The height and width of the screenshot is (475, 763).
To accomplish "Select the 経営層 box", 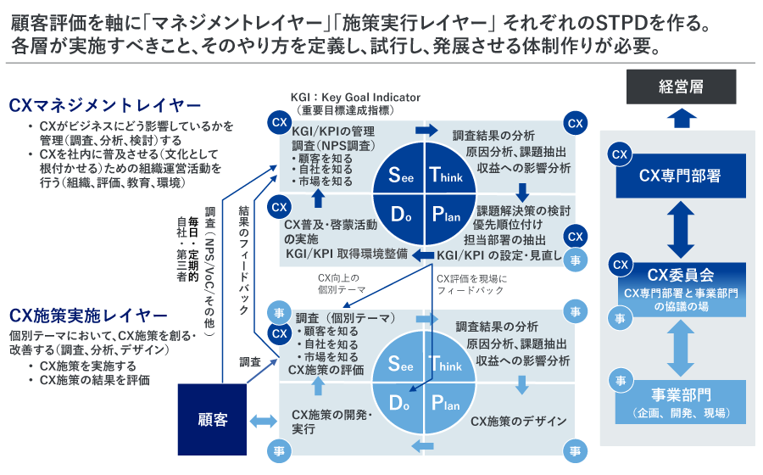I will (681, 87).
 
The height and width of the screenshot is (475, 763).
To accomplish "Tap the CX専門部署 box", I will (680, 176).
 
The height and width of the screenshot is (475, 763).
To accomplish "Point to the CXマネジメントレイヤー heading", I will (105, 106).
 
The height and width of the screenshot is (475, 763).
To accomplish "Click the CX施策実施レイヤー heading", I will (89, 316).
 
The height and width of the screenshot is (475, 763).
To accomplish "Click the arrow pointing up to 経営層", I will (681, 118).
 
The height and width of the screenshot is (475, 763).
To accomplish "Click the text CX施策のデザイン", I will (518, 421).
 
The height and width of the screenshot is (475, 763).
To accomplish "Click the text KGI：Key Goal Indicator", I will (349, 98).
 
